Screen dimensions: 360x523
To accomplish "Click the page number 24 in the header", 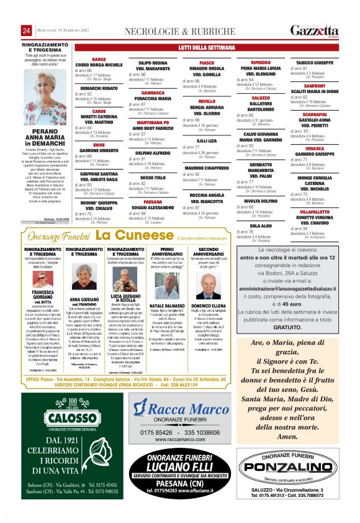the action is tap(27, 31).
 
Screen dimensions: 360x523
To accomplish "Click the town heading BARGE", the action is tap(99, 60).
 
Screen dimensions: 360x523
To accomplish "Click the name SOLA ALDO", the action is tap(261, 226).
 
